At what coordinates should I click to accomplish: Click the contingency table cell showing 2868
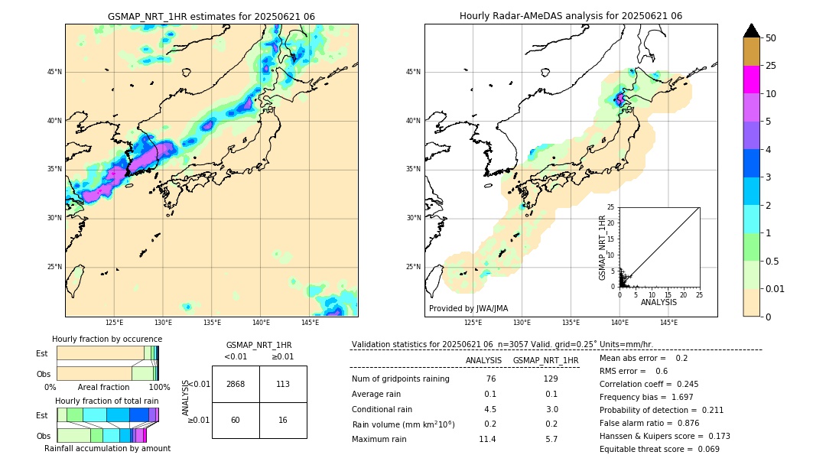[x=236, y=384]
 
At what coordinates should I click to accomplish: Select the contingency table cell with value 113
[x=283, y=384]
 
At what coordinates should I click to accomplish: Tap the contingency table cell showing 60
[x=236, y=420]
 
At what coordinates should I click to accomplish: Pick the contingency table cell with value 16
[x=283, y=420]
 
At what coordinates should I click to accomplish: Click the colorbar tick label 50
[x=771, y=38]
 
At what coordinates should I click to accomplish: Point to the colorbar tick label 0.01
[x=775, y=289]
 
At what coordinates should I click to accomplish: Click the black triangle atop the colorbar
[x=751, y=31]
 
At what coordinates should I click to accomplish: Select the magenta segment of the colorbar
[x=751, y=80]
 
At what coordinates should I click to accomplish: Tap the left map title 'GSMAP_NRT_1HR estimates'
[x=211, y=16]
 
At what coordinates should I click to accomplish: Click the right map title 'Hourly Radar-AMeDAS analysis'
[x=571, y=16]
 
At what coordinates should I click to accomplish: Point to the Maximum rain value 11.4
[x=487, y=439]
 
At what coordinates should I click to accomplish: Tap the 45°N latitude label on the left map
[x=54, y=72]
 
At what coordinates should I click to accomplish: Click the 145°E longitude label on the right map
[x=668, y=323]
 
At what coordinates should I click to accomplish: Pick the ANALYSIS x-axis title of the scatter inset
[x=659, y=302]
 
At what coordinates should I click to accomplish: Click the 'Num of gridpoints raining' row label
[x=400, y=379]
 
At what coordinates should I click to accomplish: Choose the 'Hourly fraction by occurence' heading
[x=107, y=339]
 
